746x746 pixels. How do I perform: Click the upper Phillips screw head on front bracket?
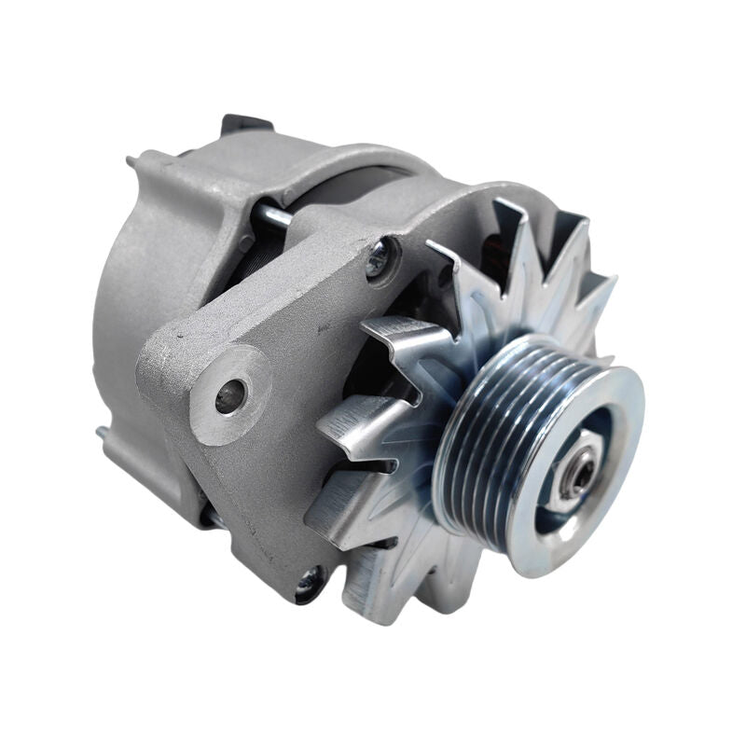(379, 258)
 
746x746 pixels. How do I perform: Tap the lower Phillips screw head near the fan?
(308, 584)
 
